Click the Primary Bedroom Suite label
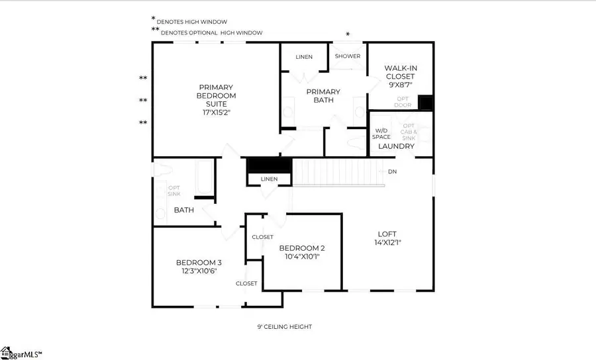click(216, 95)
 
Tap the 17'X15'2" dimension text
click(216, 112)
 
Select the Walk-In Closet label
click(401, 72)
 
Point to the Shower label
click(347, 56)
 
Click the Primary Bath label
click(323, 96)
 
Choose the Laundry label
click(396, 146)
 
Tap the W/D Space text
click(381, 133)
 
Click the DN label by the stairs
click(392, 172)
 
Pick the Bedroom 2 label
click(301, 249)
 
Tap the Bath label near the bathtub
click(183, 210)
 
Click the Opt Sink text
click(174, 191)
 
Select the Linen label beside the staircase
click(270, 179)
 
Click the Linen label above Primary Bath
click(303, 57)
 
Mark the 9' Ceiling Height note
click(284, 327)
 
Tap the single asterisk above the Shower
click(348, 34)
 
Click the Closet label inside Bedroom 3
click(246, 283)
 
